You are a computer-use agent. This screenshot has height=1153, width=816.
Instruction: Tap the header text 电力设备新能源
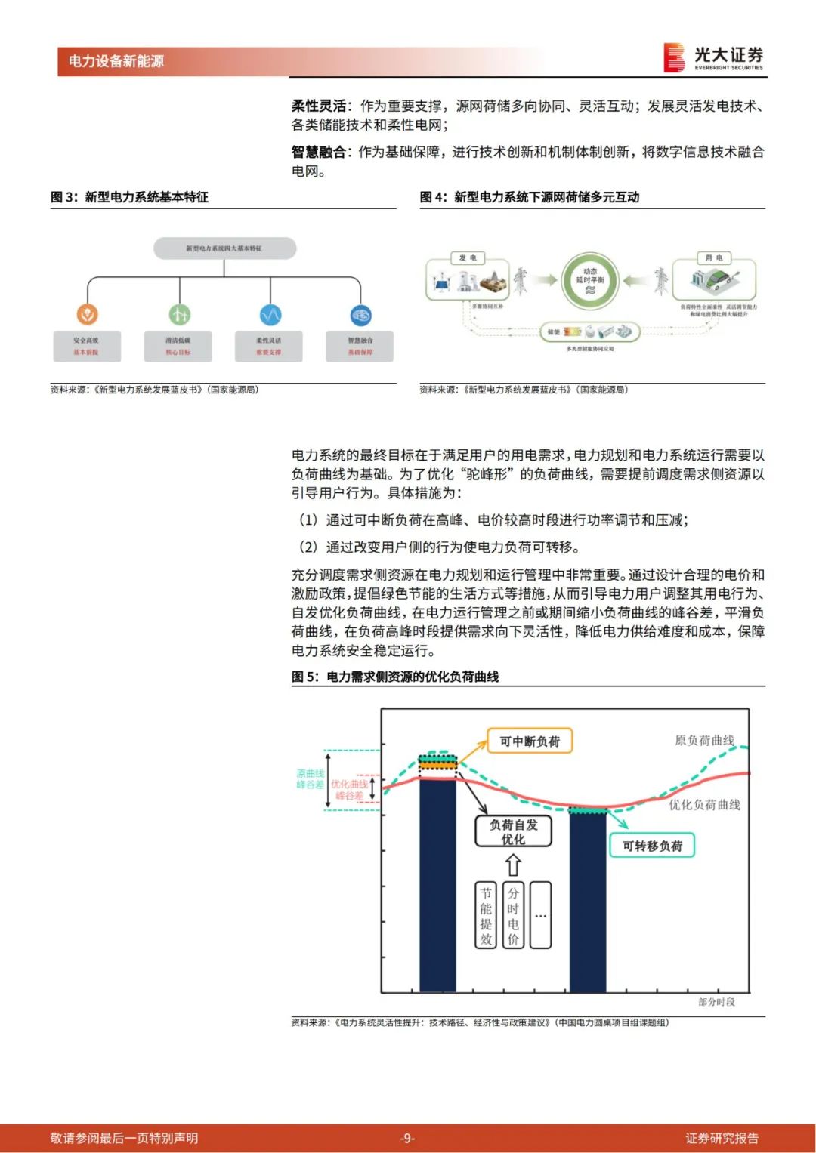(x=116, y=61)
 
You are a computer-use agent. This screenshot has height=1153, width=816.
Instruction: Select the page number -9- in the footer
(x=407, y=1138)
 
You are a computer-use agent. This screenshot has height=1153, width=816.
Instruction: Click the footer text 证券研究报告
(x=722, y=1138)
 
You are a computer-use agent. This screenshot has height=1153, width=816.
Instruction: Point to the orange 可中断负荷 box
(x=530, y=741)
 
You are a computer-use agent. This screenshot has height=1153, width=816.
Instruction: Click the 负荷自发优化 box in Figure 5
(x=513, y=832)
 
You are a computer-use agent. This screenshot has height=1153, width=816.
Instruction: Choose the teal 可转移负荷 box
(x=651, y=846)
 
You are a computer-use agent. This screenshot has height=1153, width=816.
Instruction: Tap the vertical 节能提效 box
(x=486, y=915)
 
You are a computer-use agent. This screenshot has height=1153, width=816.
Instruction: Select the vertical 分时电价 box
(x=513, y=915)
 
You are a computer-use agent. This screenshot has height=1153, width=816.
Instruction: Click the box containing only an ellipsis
(x=540, y=915)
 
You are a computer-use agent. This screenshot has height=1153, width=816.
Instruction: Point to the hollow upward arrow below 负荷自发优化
(x=513, y=865)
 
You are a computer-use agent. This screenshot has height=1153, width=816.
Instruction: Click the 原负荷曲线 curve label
(x=703, y=741)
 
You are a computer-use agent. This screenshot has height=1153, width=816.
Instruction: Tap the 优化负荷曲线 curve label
(x=703, y=805)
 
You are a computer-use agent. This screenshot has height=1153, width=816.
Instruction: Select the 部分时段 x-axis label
(x=716, y=1002)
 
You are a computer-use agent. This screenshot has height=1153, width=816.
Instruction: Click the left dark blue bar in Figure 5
(x=437, y=883)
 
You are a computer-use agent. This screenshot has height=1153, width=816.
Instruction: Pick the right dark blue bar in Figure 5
(x=588, y=902)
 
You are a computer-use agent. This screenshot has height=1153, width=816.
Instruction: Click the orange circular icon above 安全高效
(x=88, y=314)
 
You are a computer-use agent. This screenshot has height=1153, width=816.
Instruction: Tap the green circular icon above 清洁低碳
(x=179, y=314)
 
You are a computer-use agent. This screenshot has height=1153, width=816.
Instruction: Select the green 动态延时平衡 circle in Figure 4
(x=590, y=280)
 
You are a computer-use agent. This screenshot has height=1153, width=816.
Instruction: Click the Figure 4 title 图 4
(x=529, y=197)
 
